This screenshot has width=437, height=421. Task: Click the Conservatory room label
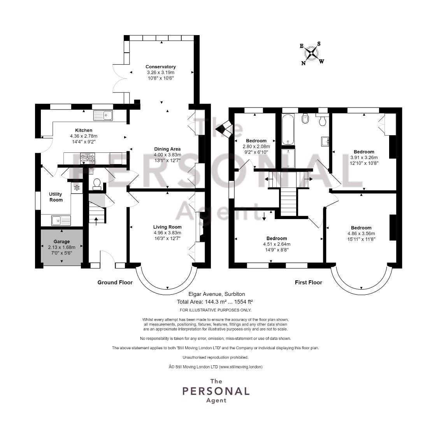tap(161, 67)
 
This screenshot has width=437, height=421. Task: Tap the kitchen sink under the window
tap(103, 115)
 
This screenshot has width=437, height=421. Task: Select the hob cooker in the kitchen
tap(88, 159)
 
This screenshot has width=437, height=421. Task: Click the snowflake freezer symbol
tap(77, 188)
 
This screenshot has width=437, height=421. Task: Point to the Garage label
tap(61, 241)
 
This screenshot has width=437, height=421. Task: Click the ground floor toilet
tap(97, 184)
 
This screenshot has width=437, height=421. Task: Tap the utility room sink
tap(61, 221)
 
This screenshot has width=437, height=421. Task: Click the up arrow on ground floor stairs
tap(97, 221)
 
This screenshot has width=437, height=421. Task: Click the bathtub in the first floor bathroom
tap(288, 129)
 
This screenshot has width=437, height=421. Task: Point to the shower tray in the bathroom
tap(288, 158)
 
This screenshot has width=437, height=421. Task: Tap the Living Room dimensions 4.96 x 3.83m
tap(167, 233)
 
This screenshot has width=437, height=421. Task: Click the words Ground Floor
tap(115, 282)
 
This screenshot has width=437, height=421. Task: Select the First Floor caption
tap(309, 282)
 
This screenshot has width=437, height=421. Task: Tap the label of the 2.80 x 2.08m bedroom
tap(256, 141)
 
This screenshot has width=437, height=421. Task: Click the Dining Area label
tap(167, 149)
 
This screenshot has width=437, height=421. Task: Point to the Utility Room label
tap(56, 197)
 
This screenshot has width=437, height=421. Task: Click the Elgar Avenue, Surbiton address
tap(217, 294)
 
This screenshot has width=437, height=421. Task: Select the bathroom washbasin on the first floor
tap(325, 141)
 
